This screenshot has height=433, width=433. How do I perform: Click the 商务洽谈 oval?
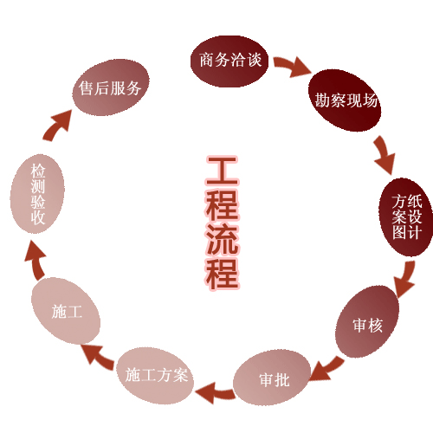point(229,61)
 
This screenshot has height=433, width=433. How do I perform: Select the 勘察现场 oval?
point(345,100)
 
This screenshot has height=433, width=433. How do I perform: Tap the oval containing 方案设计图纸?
point(406,217)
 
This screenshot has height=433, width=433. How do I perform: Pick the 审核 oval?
point(367,321)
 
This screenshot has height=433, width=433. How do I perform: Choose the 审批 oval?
point(272,378)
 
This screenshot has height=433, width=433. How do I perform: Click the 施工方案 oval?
point(155,375)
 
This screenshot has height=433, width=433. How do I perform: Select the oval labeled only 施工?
point(66,311)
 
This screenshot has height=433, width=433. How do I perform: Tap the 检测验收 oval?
point(37,194)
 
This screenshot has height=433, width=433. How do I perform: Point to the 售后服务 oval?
point(111,87)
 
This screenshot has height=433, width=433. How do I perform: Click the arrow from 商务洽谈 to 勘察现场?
point(292,66)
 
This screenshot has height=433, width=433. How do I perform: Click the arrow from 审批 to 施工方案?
point(215,392)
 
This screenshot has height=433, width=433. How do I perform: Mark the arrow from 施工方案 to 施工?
point(97,356)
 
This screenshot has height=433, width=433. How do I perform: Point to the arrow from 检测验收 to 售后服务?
point(58,126)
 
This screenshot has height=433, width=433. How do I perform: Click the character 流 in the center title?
point(223,239)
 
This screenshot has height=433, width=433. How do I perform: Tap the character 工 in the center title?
point(223,171)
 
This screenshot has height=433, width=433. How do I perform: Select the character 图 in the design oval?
point(399,232)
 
